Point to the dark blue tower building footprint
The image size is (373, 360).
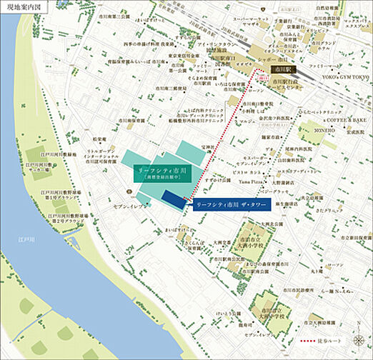pos(173,199)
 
